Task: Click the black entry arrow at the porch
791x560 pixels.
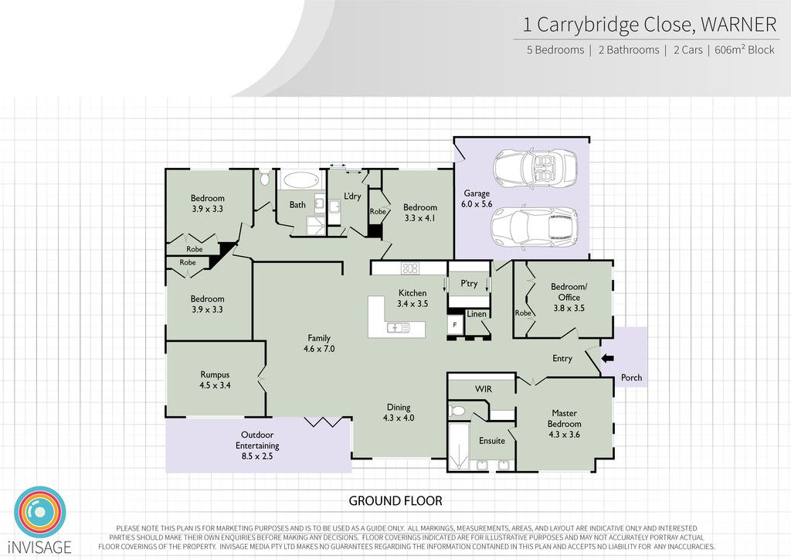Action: [x=607, y=358]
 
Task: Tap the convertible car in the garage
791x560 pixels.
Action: [x=535, y=168]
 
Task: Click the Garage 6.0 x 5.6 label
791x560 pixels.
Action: [x=477, y=199]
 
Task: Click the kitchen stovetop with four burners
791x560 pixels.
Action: [x=409, y=268]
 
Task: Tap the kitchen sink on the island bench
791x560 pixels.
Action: [x=399, y=328]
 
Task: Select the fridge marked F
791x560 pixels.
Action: [x=454, y=325]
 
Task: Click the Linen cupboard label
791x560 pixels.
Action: [x=477, y=313]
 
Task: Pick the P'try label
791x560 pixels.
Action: [x=469, y=283]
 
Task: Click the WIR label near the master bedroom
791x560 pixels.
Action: [x=484, y=389]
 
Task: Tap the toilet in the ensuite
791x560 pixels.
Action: [x=457, y=411]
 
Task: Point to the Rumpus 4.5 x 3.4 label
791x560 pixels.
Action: [x=215, y=380]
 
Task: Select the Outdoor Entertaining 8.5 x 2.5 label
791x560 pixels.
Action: [x=257, y=446]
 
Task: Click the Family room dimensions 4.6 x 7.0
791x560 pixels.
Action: [x=319, y=349]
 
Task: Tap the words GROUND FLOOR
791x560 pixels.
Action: [x=395, y=501]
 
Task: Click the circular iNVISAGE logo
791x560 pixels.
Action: [x=40, y=512]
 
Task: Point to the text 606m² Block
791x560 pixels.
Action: [x=745, y=50]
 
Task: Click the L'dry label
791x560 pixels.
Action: [x=352, y=196]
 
